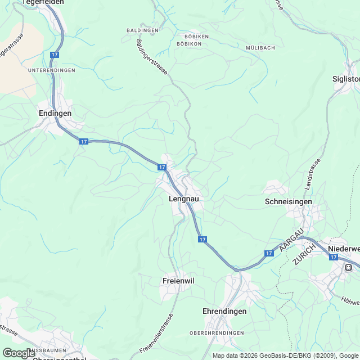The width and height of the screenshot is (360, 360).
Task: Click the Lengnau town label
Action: (x=183, y=199)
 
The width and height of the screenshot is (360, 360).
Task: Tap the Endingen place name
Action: (x=55, y=113)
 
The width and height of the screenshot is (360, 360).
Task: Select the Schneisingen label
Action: (x=287, y=201)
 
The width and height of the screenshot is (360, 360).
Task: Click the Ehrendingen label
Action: (x=224, y=311)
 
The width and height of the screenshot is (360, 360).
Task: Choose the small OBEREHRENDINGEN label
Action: (x=217, y=333)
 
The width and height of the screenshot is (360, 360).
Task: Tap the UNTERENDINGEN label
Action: (x=51, y=70)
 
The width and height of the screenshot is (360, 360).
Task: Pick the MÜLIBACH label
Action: (x=260, y=48)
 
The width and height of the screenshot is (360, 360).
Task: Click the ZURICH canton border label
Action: (x=304, y=251)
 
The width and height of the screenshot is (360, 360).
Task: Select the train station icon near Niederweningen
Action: (x=349, y=267)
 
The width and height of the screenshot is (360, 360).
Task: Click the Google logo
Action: (x=19, y=353)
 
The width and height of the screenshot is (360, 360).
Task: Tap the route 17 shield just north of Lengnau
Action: (x=162, y=168)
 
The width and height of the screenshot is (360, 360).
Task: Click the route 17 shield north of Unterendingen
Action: (x=55, y=55)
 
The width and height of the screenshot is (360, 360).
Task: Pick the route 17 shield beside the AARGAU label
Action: (x=269, y=254)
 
